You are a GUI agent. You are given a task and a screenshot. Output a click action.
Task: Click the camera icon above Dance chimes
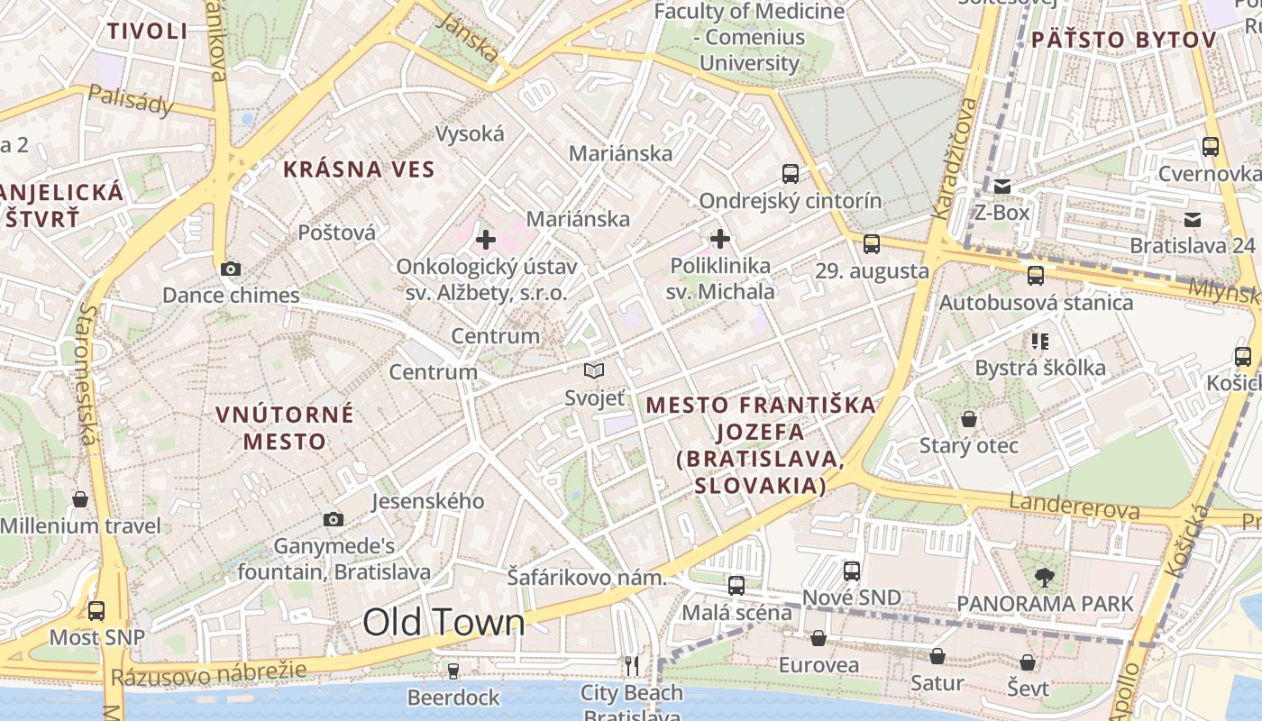click(230, 269)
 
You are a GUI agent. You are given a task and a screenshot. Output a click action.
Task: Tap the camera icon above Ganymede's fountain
click(334, 519)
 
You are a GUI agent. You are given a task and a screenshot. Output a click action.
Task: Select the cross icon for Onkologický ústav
click(486, 240)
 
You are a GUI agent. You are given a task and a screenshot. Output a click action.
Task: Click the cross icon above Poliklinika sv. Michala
click(720, 239)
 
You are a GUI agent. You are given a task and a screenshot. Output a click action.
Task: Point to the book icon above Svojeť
click(593, 370)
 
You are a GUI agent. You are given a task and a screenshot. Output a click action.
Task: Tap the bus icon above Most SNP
click(96, 611)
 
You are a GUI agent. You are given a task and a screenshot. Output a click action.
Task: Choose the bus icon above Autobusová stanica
click(1036, 276)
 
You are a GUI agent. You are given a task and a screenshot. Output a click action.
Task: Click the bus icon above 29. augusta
click(872, 244)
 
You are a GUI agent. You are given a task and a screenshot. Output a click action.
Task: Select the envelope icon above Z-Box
click(1002, 187)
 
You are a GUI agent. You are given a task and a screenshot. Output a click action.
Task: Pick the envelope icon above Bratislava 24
click(1193, 219)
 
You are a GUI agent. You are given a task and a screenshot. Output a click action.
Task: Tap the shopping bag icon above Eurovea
click(818, 638)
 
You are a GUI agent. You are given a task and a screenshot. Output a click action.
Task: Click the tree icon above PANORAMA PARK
click(1045, 577)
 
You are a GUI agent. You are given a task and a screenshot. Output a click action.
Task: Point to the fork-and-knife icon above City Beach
click(632, 666)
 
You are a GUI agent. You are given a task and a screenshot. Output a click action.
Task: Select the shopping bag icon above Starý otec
click(969, 419)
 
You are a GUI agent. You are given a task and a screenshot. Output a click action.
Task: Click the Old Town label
click(444, 623)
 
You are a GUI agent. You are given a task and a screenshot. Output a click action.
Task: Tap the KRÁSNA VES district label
click(359, 169)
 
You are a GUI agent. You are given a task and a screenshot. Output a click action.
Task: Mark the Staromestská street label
click(87, 374)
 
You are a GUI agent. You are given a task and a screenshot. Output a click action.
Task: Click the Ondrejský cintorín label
click(791, 200)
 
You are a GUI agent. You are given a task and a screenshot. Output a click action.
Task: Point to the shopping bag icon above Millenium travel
click(80, 499)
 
